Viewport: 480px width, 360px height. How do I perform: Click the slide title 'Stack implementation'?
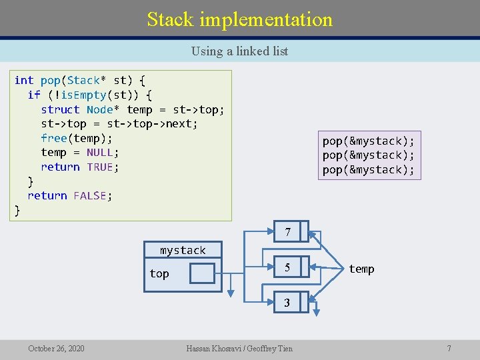coord(240,19)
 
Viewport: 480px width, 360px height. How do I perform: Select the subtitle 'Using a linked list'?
coord(239,51)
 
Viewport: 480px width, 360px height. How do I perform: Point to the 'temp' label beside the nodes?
coord(361,269)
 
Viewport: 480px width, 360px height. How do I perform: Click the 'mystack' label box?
coord(183,250)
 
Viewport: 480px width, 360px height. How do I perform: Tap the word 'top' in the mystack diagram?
coord(159,274)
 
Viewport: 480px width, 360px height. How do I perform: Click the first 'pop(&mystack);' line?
coord(368,141)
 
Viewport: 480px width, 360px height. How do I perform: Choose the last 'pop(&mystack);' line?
coord(368,169)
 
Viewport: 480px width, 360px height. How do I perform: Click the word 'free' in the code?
coord(54,138)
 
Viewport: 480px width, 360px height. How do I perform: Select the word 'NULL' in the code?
coord(100,153)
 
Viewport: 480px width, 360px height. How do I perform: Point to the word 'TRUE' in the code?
coord(100,167)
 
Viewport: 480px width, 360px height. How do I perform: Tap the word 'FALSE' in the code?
coord(90,195)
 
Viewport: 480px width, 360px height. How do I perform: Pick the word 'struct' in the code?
coord(60,109)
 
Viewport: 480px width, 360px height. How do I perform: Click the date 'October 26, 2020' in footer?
coord(56,348)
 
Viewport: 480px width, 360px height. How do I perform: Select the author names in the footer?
coord(239,348)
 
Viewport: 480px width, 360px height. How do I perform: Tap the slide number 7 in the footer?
coord(449,348)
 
